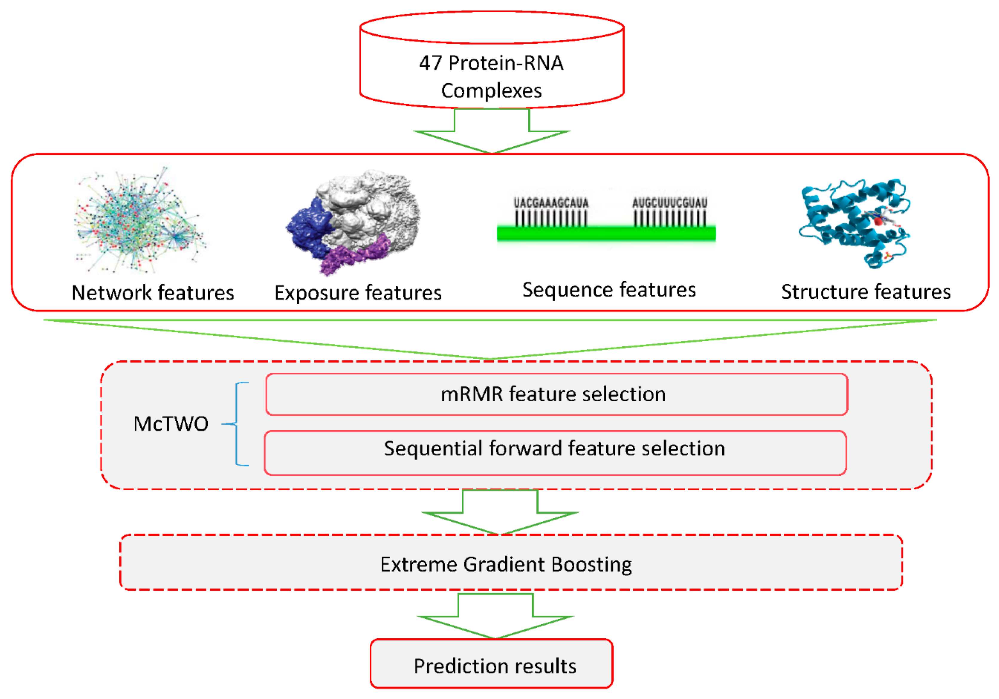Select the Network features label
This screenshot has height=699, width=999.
152,293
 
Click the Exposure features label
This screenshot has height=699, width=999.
358,293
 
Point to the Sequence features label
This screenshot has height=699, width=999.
609,290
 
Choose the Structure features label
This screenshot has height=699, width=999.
865,292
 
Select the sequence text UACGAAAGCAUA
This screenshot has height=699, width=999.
551,203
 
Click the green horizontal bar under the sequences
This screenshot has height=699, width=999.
606,234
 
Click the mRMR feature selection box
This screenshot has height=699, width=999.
556,394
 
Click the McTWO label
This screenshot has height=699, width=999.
171,424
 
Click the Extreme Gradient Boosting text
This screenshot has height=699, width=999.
506,564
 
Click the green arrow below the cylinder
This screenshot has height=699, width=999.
492,133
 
